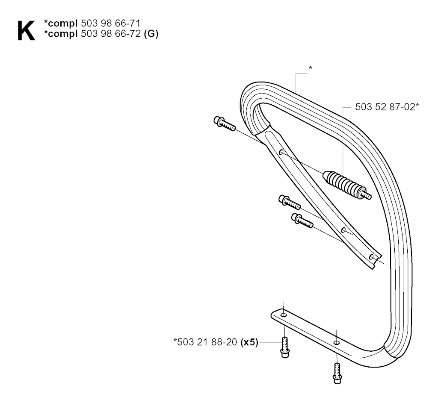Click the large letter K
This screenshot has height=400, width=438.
pos(26,31)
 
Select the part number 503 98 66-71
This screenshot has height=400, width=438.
pos(110,23)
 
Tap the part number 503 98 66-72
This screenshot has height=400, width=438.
pos(110,34)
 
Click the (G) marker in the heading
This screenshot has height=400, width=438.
pos(151,34)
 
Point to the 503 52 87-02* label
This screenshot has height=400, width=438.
pos(387,107)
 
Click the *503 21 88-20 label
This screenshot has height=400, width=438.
pos(205,342)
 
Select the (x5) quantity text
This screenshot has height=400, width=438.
pos(249,342)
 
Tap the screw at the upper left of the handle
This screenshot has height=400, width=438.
pos(224,124)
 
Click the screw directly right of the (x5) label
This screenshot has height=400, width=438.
pos(284,347)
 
